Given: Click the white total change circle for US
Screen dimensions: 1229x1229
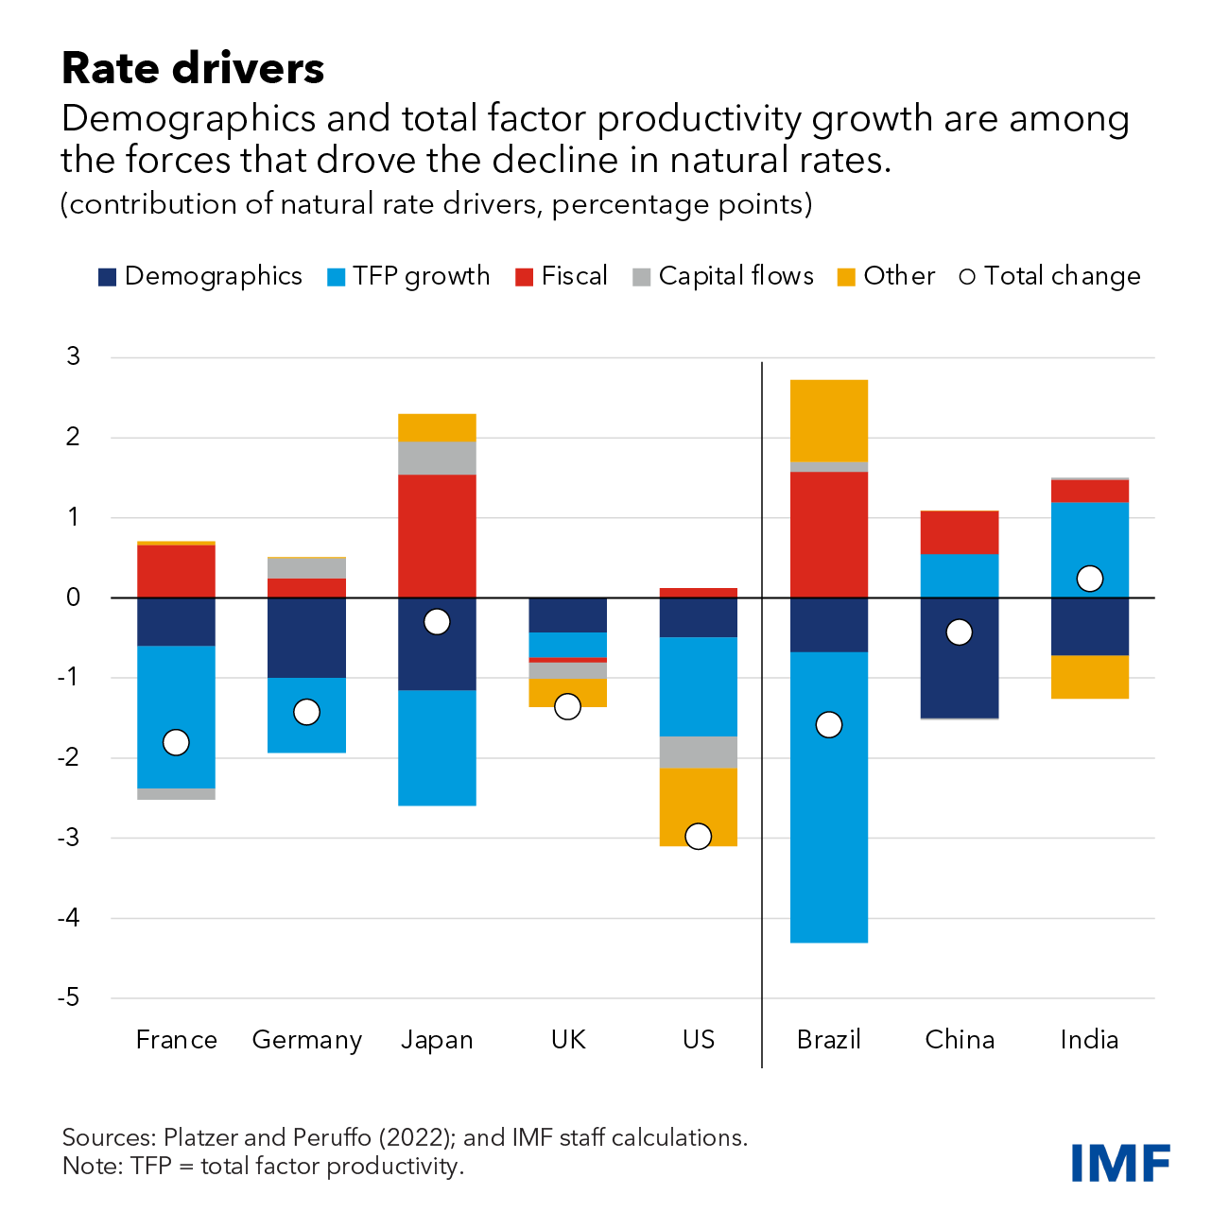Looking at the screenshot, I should coord(698,836).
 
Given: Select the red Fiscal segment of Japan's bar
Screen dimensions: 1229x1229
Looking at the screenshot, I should coord(437,535).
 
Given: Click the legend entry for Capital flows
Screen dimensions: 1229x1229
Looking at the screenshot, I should coord(723,276).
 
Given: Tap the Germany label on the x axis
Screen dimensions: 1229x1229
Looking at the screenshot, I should coord(306,1040).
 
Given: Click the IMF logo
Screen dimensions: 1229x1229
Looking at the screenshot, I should coord(1120,1163).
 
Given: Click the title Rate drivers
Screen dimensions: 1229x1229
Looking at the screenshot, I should coord(193,69).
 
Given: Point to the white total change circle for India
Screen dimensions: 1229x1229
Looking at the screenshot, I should coord(1090,579).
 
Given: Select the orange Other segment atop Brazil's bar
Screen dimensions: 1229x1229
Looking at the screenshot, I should coord(829,421).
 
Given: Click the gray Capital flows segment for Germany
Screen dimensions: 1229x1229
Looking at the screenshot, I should coord(306,568).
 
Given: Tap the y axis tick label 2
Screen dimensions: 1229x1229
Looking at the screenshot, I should coord(73,438).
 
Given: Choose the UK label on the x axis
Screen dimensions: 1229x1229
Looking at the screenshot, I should coord(568,1040).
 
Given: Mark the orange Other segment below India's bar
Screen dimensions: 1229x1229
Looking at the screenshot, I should coord(1090,677).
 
